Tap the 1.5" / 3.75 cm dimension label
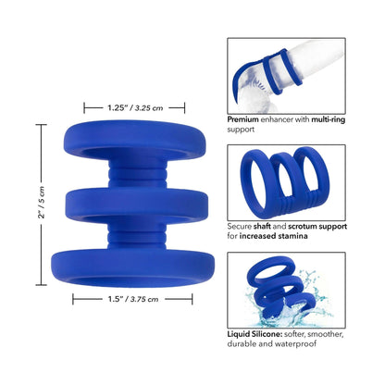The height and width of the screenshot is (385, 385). tap(132, 299)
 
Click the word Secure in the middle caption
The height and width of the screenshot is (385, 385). tap(242, 225)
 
